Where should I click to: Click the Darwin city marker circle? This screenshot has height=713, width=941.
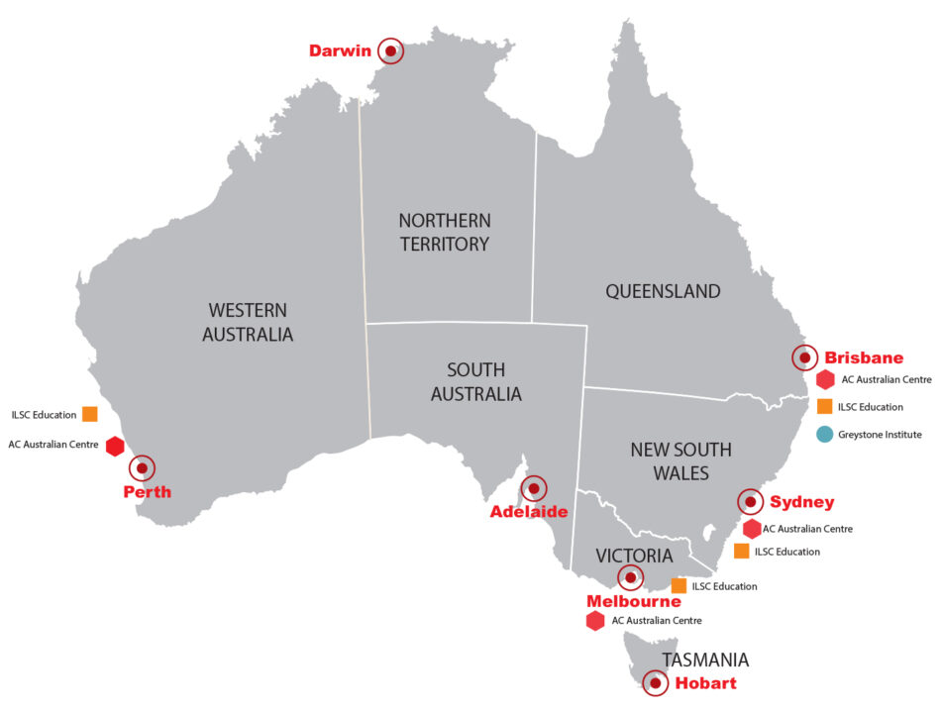tap(391, 51)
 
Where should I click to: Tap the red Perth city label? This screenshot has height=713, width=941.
tap(147, 491)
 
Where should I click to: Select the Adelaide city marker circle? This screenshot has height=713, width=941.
tap(534, 488)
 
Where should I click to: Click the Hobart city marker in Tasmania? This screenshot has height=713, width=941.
tap(655, 682)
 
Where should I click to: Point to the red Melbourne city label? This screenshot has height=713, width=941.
tap(633, 601)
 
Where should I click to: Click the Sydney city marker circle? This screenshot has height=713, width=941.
tap(750, 502)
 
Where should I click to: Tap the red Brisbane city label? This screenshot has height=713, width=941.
tap(864, 358)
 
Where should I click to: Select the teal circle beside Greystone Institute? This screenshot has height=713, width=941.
tap(824, 434)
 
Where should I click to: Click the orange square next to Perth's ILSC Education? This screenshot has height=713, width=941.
tap(90, 414)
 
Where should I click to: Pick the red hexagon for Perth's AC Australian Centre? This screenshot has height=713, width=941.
tap(115, 446)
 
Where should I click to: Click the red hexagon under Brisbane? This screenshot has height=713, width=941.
tap(825, 379)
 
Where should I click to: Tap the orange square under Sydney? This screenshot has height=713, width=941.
tap(741, 552)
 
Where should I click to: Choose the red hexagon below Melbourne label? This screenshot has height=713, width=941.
tap(595, 621)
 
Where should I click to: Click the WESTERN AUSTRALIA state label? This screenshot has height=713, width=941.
tap(248, 322)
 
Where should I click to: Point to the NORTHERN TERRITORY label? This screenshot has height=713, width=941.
tap(445, 232)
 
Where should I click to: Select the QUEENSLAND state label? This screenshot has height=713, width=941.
tap(663, 291)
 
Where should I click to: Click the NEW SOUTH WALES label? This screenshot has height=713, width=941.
tap(680, 460)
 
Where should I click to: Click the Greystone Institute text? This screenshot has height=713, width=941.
tap(882, 434)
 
